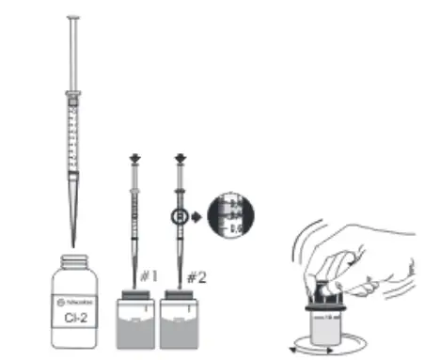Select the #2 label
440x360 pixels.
click(194, 278)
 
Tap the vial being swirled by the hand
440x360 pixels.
click(331, 320)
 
